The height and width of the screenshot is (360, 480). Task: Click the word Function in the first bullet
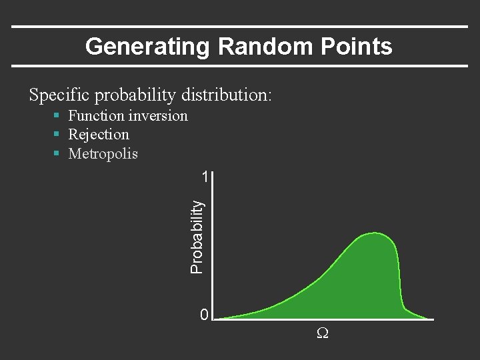97,116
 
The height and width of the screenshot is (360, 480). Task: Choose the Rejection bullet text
99,135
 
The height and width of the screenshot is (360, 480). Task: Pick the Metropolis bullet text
103,154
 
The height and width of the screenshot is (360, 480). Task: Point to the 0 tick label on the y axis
205,315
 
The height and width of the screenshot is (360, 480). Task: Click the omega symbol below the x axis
321,333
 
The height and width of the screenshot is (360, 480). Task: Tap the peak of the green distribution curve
375,233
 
